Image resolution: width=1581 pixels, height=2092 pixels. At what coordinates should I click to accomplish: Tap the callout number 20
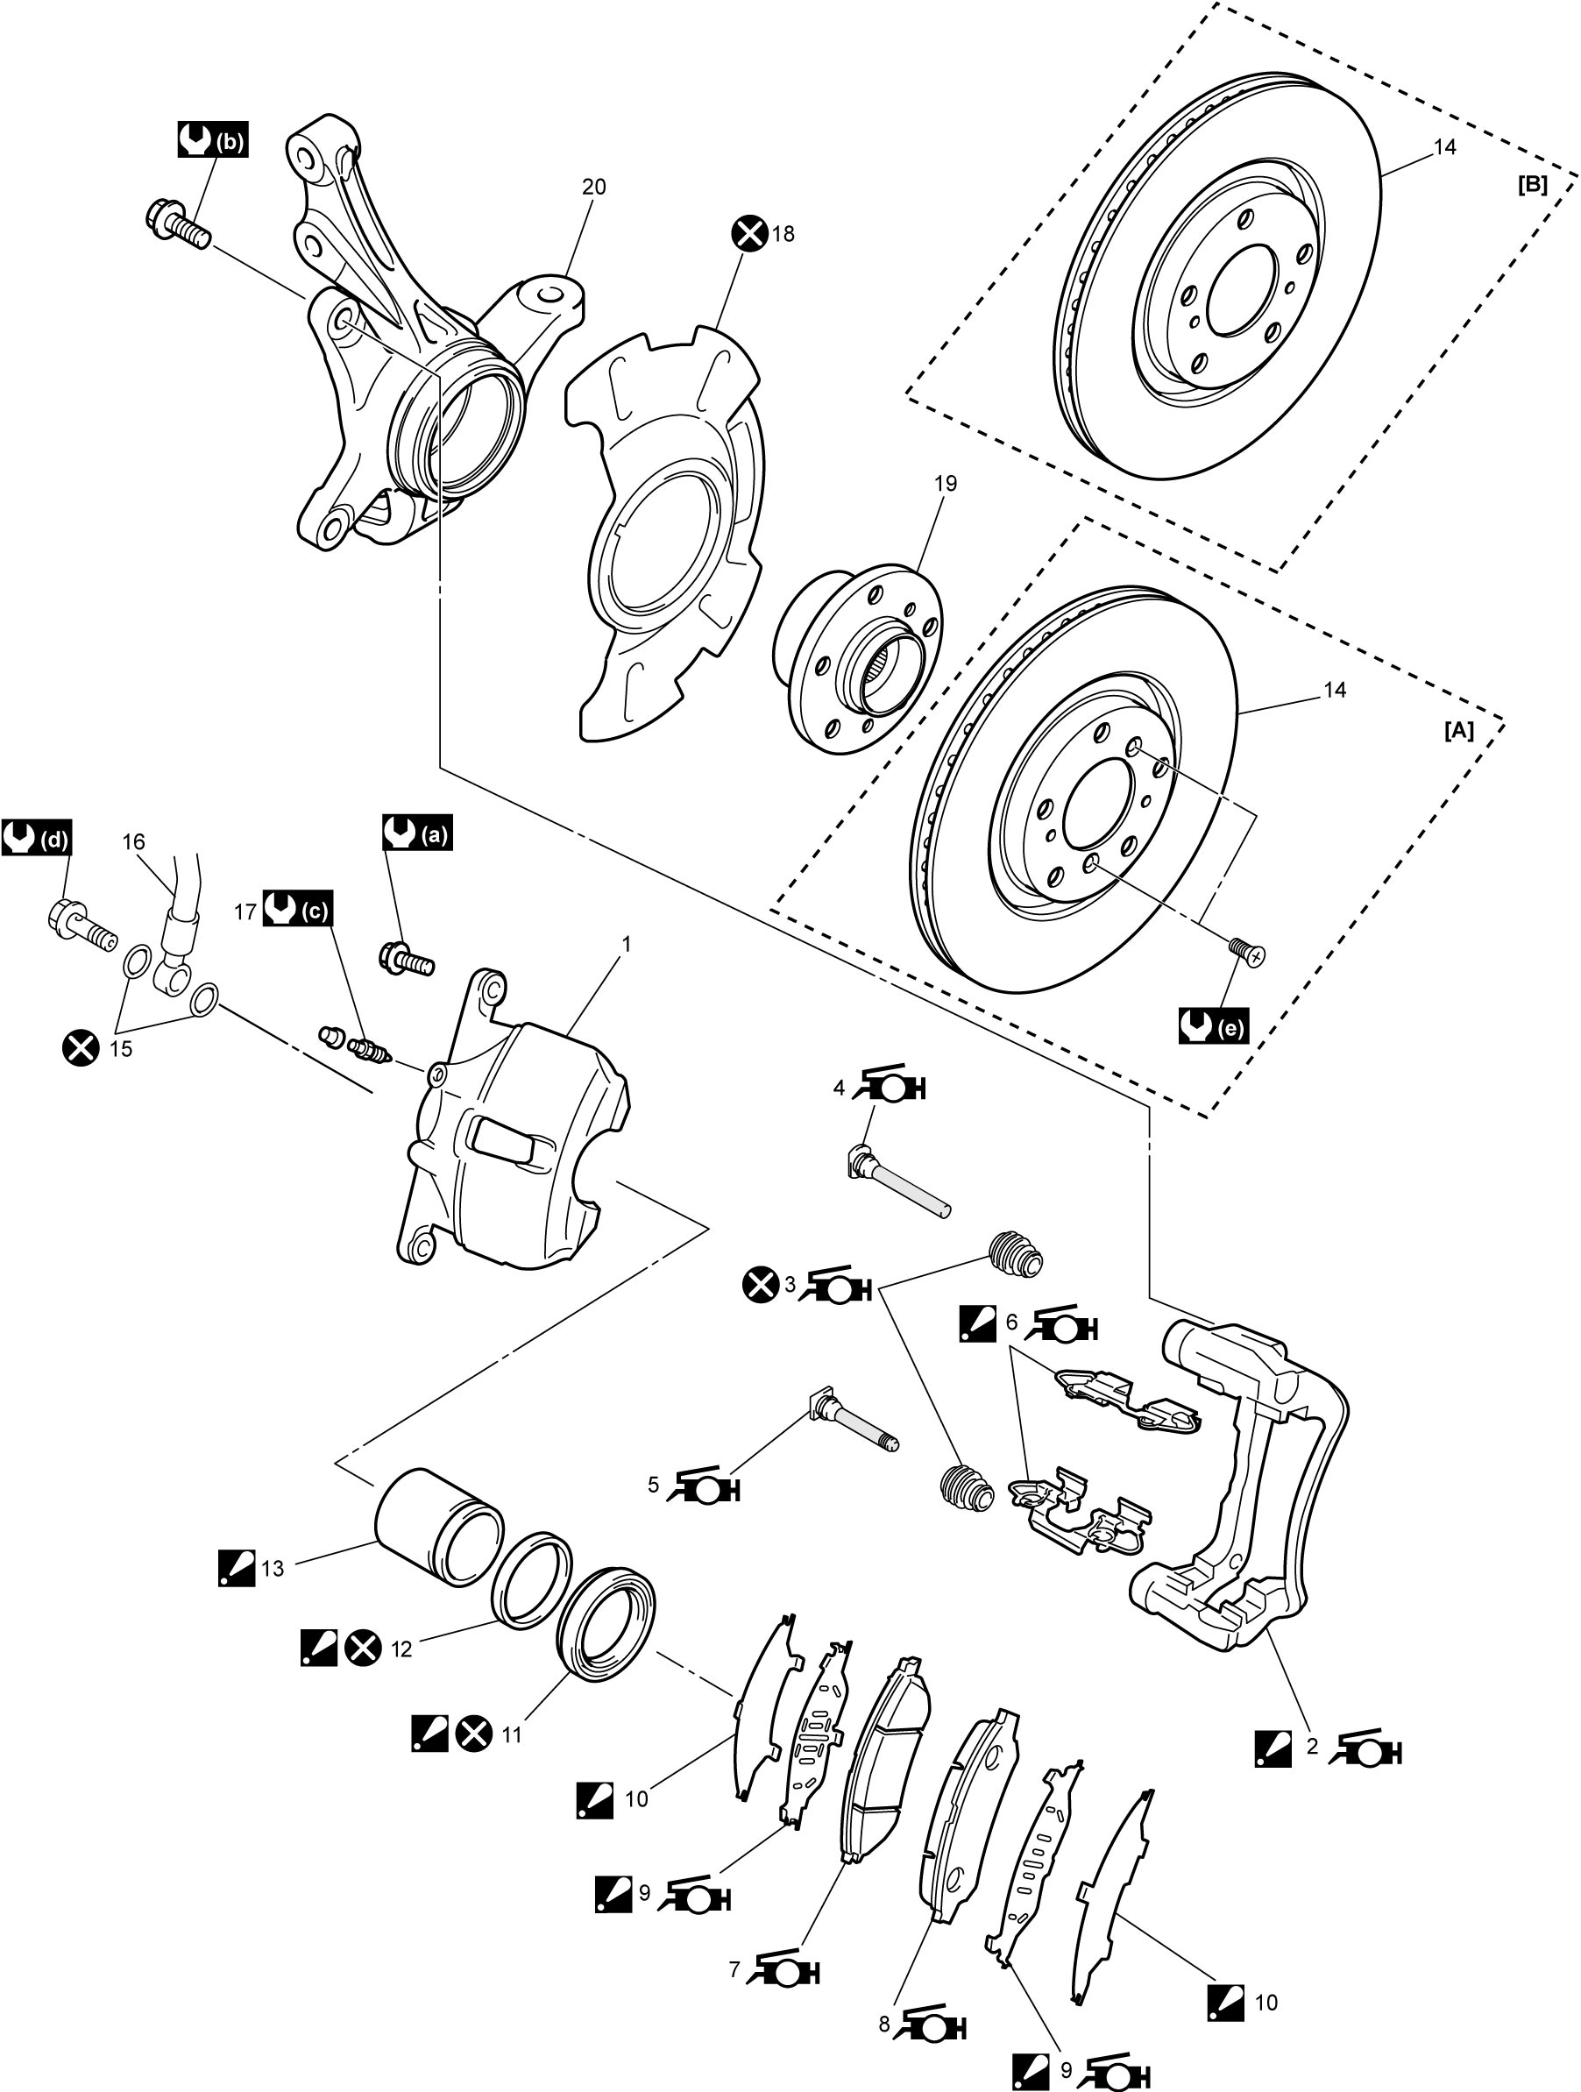coord(594,188)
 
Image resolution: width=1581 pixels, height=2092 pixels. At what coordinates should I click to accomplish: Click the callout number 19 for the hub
coord(945,483)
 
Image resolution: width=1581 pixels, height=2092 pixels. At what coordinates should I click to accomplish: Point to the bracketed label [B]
coord(1532,186)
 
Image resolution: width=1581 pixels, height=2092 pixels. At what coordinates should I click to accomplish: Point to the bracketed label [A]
coord(1458,731)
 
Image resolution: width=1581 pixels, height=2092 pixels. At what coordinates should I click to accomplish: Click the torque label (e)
coord(1213,1026)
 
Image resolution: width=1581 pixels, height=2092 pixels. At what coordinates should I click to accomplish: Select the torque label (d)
coord(37,838)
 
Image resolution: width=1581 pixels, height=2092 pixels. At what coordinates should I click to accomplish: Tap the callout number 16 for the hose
coord(133,841)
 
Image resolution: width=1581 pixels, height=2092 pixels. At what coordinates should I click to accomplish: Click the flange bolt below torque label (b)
coord(179,224)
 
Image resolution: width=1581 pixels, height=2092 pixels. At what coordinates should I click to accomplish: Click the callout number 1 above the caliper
coord(626,944)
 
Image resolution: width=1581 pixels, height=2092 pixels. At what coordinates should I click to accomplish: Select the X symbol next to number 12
coord(362,1649)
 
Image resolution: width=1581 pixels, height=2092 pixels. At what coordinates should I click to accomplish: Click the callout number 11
coord(512,1734)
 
